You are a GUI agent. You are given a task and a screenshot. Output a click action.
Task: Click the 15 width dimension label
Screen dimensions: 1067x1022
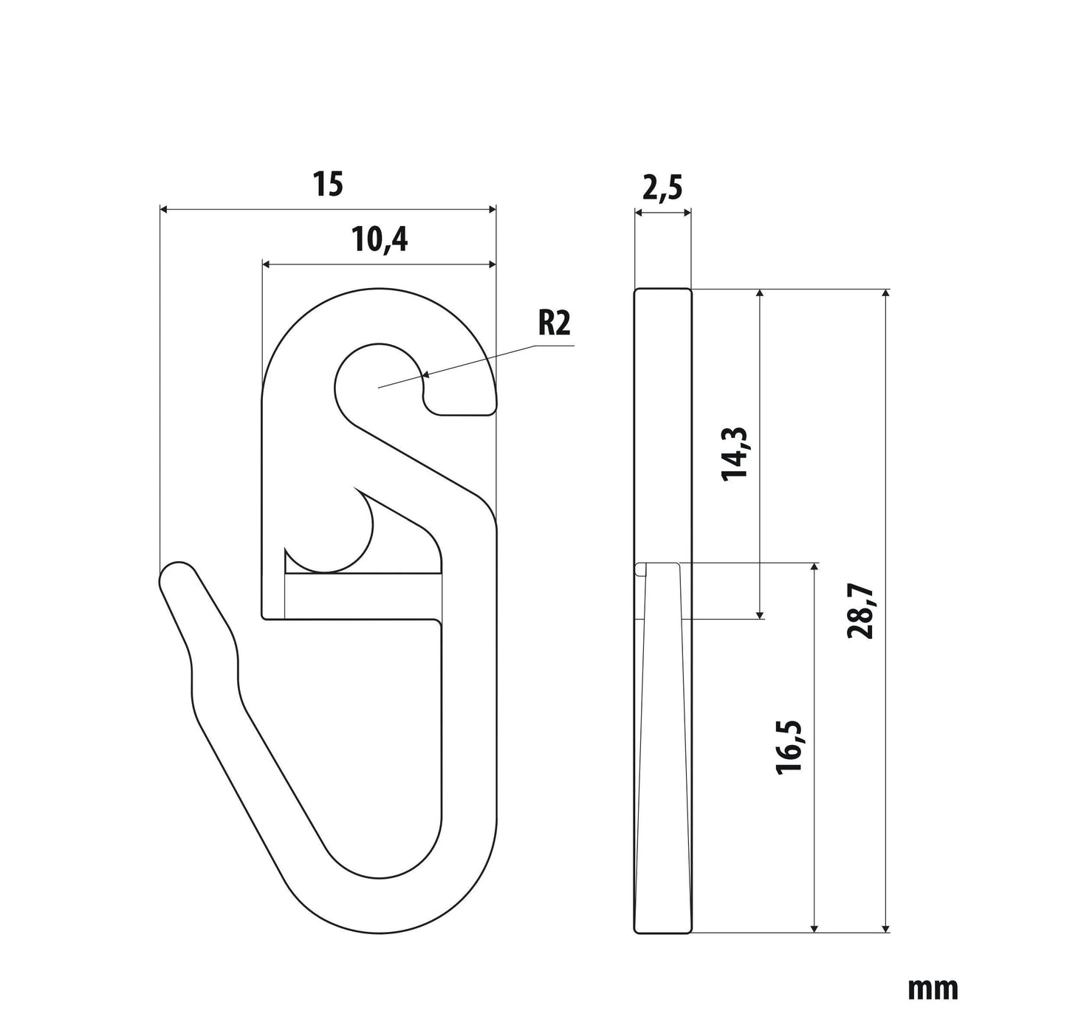click(x=329, y=184)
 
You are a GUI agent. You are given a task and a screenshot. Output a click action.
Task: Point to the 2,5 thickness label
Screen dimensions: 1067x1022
click(x=662, y=188)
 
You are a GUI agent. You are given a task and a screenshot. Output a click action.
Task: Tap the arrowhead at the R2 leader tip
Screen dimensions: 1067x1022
click(x=428, y=375)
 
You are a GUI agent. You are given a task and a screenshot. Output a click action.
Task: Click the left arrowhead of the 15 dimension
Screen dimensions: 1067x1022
click(x=163, y=209)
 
